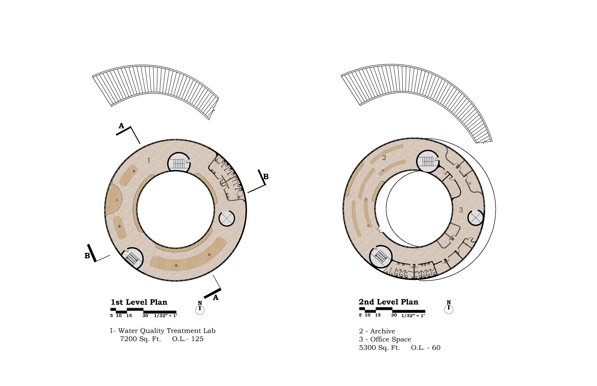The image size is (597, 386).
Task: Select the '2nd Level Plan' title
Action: point(388,302)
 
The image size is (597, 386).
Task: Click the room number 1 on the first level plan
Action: point(149,160)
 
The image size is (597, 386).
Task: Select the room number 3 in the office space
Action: point(461,210)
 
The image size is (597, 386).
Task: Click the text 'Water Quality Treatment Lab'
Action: point(167,331)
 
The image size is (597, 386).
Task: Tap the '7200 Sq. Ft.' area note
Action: point(141,339)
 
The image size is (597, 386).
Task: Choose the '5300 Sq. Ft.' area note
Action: point(379,348)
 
